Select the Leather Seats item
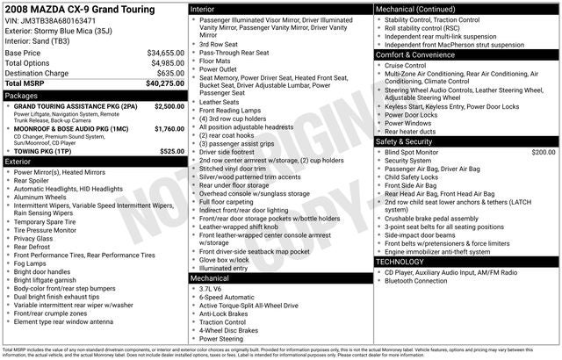219,102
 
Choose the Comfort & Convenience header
417,54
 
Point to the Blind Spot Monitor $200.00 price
543,152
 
